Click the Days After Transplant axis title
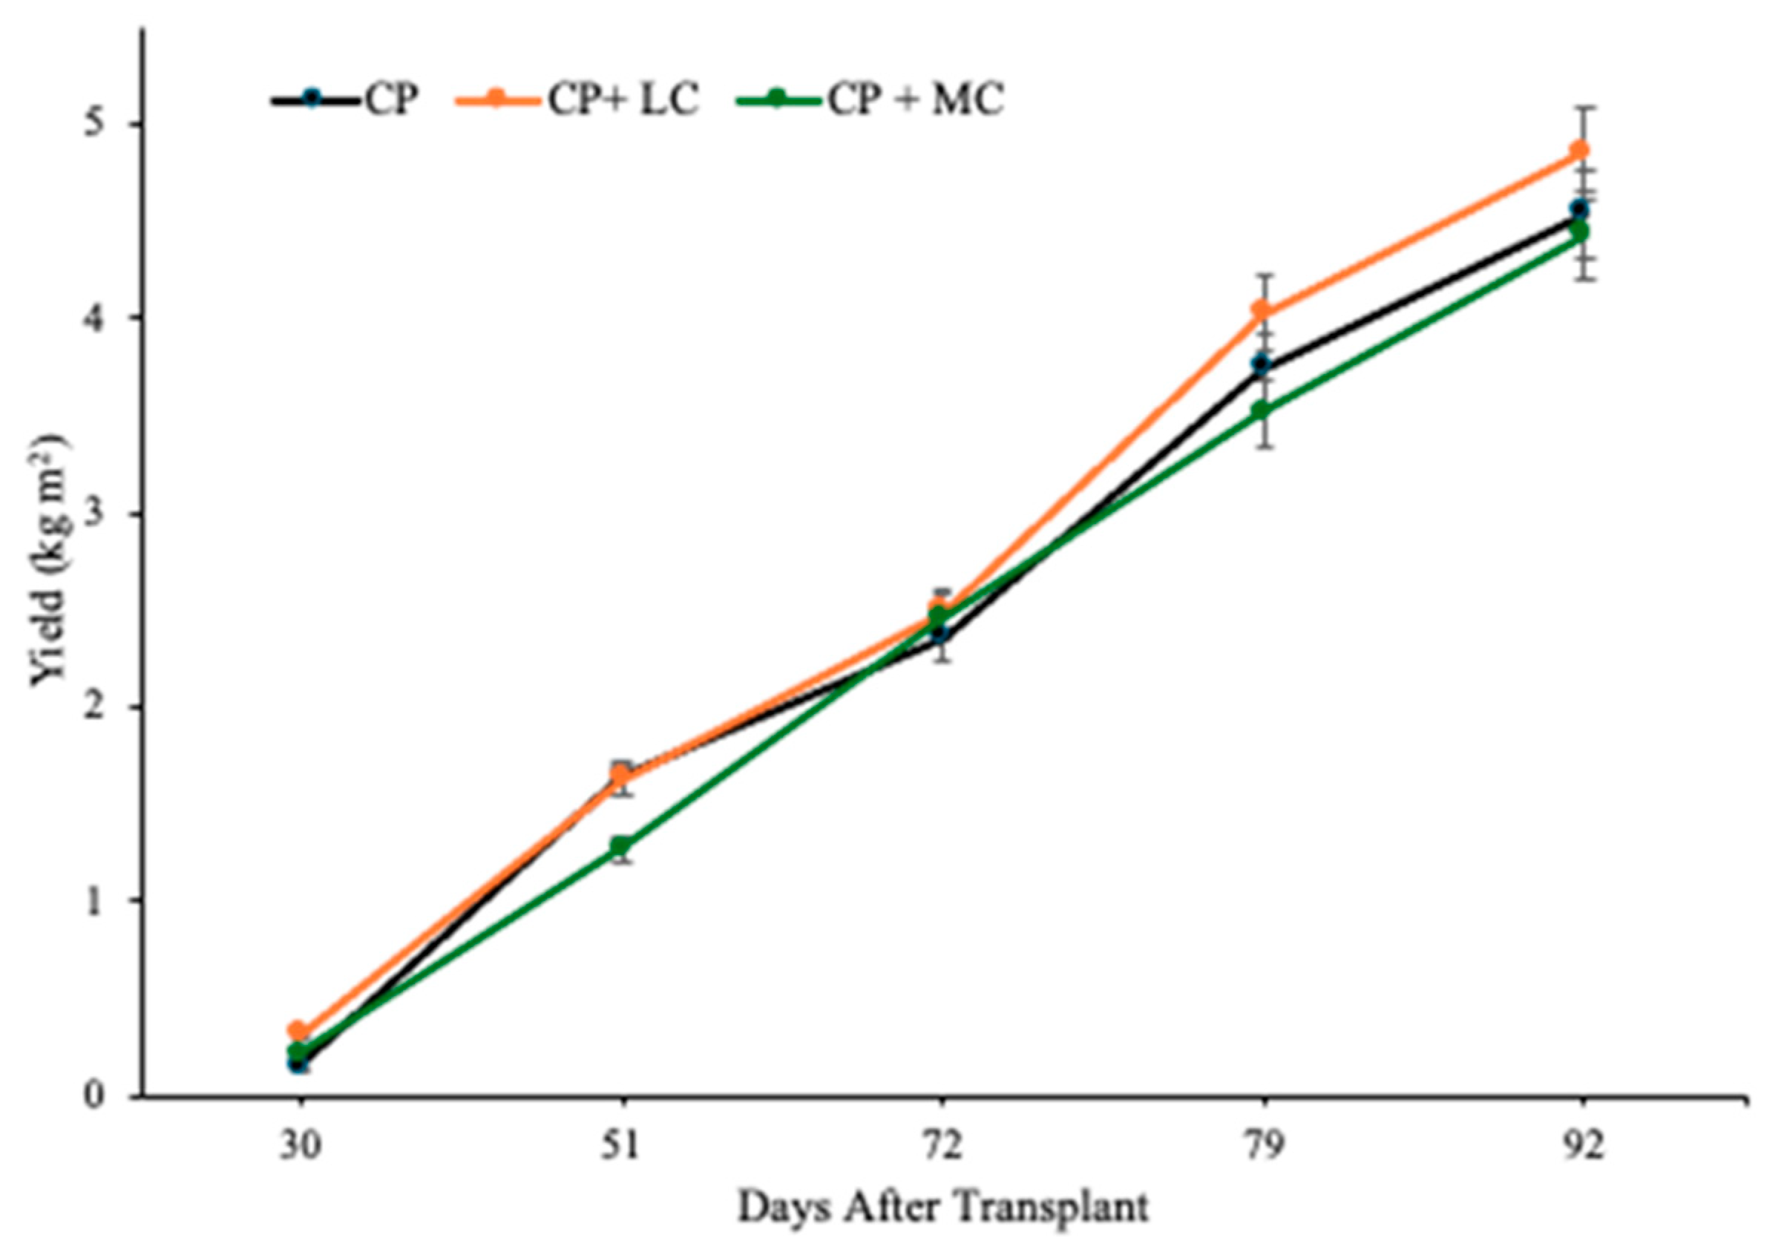(942, 1207)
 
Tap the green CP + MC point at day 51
(620, 845)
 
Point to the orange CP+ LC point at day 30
(298, 1032)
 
